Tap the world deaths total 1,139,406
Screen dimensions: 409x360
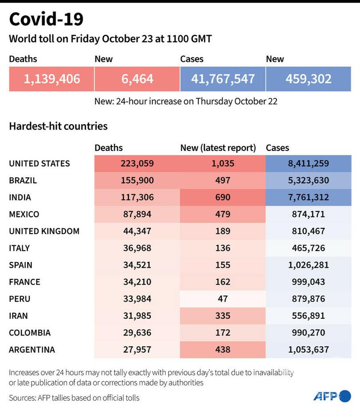pyautogui.click(x=52, y=79)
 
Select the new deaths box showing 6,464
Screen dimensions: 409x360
pyautogui.click(x=137, y=79)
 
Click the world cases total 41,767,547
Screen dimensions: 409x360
pyautogui.click(x=223, y=79)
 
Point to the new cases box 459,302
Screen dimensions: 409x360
pyautogui.click(x=308, y=79)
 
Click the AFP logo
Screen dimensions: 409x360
pyautogui.click(x=332, y=396)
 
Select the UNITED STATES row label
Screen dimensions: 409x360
pyautogui.click(x=40, y=163)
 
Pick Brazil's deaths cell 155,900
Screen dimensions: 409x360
pyautogui.click(x=137, y=180)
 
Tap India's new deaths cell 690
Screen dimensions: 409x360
pyautogui.click(x=222, y=197)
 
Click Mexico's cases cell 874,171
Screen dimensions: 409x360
pyautogui.click(x=308, y=214)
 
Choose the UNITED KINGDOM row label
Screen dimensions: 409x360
pyautogui.click(x=44, y=231)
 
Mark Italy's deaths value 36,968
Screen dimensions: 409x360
pyautogui.click(x=137, y=248)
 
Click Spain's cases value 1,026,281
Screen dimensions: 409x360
pyautogui.click(x=308, y=265)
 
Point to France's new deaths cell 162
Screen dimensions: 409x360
pyautogui.click(x=222, y=282)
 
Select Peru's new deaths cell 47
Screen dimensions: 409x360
pyautogui.click(x=222, y=298)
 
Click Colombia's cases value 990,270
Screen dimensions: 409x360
pyautogui.click(x=308, y=333)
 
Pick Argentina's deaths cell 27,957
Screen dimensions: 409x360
pyautogui.click(x=137, y=349)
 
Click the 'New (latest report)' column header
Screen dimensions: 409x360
pyautogui.click(x=218, y=148)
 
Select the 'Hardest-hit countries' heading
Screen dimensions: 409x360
pyautogui.click(x=58, y=126)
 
